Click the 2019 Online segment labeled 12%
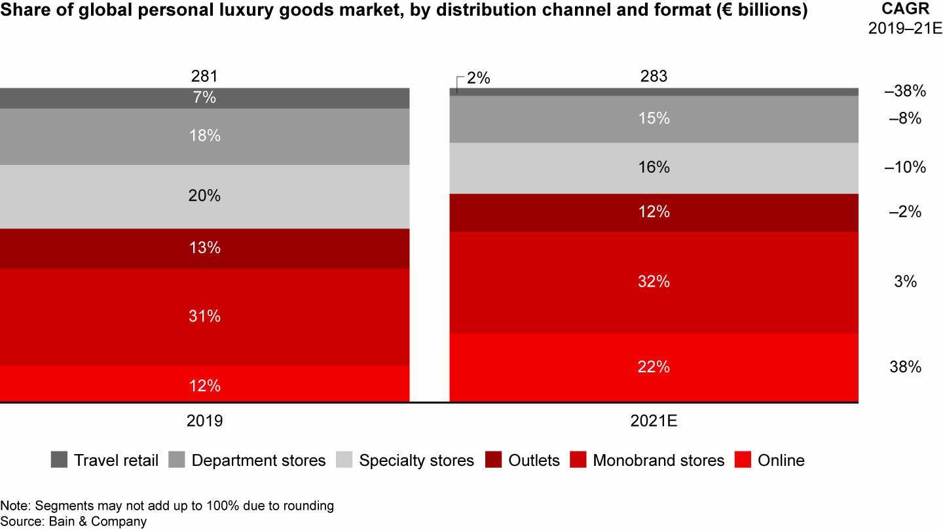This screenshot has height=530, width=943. pyautogui.click(x=204, y=385)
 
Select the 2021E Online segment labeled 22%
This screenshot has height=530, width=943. pyautogui.click(x=654, y=367)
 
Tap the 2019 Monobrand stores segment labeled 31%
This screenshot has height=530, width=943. pyautogui.click(x=204, y=317)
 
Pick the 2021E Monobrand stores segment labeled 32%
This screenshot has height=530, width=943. pyautogui.click(x=654, y=282)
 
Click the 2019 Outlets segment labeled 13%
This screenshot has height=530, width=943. pyautogui.click(x=204, y=248)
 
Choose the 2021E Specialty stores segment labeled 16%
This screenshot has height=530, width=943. pyautogui.click(x=654, y=168)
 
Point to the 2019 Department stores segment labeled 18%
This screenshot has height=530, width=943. pyautogui.click(x=204, y=136)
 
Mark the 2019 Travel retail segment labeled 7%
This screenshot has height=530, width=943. pyautogui.click(x=204, y=98)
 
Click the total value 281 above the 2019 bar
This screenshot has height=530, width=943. pyautogui.click(x=204, y=77)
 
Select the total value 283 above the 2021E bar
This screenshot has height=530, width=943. pyautogui.click(x=654, y=77)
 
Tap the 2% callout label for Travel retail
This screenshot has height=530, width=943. pyautogui.click(x=479, y=79)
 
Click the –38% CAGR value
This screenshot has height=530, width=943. pyautogui.click(x=905, y=92)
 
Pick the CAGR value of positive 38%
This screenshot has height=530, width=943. pyautogui.click(x=905, y=367)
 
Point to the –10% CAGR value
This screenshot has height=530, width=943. pyautogui.click(x=905, y=168)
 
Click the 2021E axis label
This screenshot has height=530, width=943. pyautogui.click(x=654, y=421)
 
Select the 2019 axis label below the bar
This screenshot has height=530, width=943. pyautogui.click(x=204, y=421)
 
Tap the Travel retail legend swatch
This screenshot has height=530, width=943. pyautogui.click(x=59, y=460)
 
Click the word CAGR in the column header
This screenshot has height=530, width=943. pyautogui.click(x=905, y=10)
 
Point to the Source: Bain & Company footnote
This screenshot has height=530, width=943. pyautogui.click(x=73, y=521)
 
